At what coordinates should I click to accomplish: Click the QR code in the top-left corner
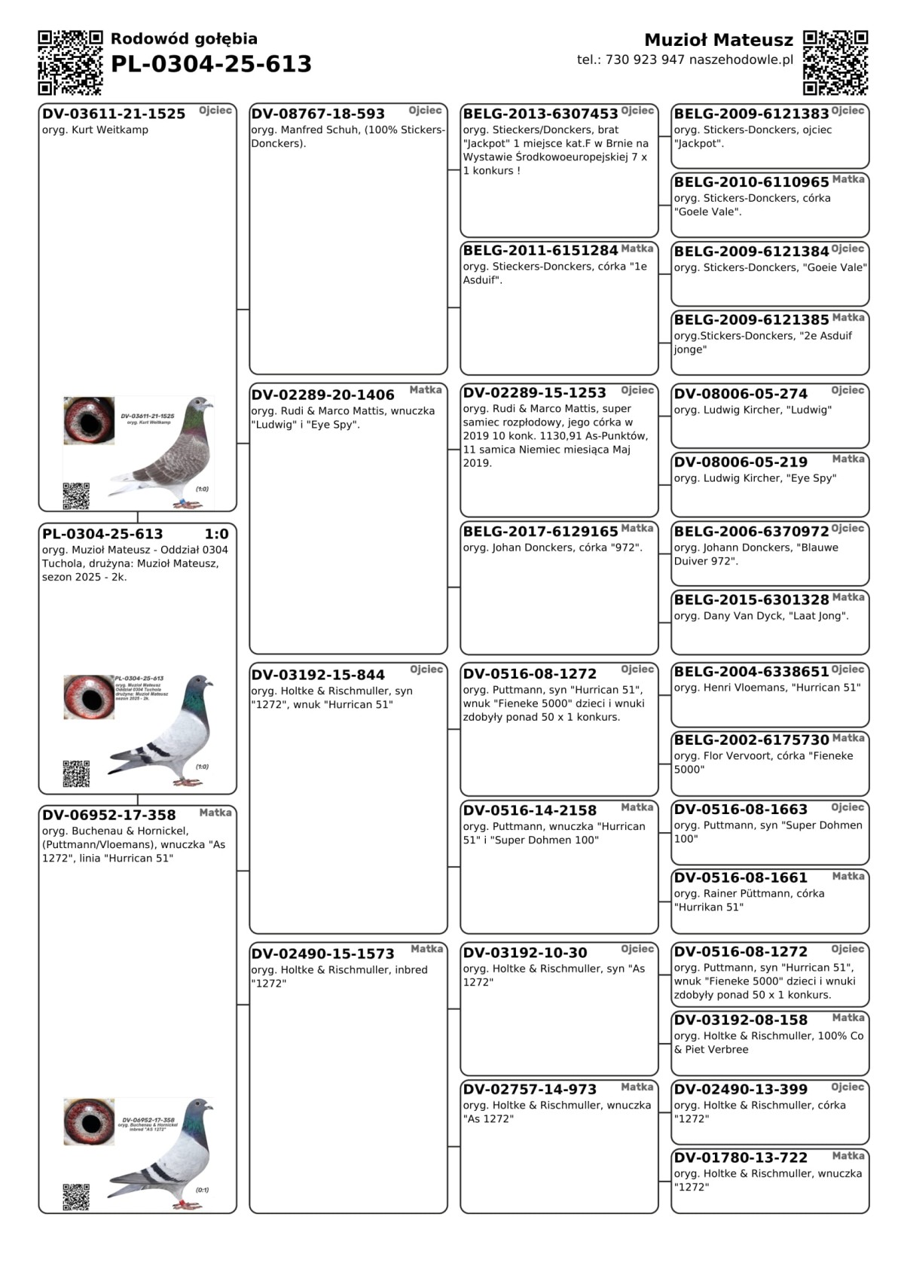(x=70, y=63)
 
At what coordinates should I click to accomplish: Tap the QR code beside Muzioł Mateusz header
(x=835, y=63)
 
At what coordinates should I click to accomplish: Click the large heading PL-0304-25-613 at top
(x=211, y=65)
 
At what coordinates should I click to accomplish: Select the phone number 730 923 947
(x=645, y=60)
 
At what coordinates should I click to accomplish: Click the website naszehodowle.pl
(x=741, y=60)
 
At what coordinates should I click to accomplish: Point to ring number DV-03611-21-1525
(x=114, y=114)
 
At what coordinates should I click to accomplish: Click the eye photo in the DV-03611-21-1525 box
(x=89, y=420)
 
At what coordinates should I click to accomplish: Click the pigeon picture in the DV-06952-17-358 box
(x=169, y=1152)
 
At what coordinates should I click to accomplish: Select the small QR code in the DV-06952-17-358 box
(x=76, y=1197)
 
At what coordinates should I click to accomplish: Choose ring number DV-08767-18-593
(x=318, y=114)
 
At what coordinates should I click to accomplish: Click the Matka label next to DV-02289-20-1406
(x=426, y=390)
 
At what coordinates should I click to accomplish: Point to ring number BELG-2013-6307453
(x=540, y=114)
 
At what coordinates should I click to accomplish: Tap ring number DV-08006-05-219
(x=741, y=462)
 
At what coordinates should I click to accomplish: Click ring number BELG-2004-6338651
(x=751, y=672)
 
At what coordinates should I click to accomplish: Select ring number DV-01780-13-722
(x=741, y=1158)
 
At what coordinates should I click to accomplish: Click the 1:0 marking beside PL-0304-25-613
(x=216, y=534)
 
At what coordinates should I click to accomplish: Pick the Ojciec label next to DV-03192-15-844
(x=426, y=670)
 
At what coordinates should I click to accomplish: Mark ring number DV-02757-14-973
(x=530, y=1090)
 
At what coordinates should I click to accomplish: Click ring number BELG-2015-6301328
(x=751, y=600)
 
